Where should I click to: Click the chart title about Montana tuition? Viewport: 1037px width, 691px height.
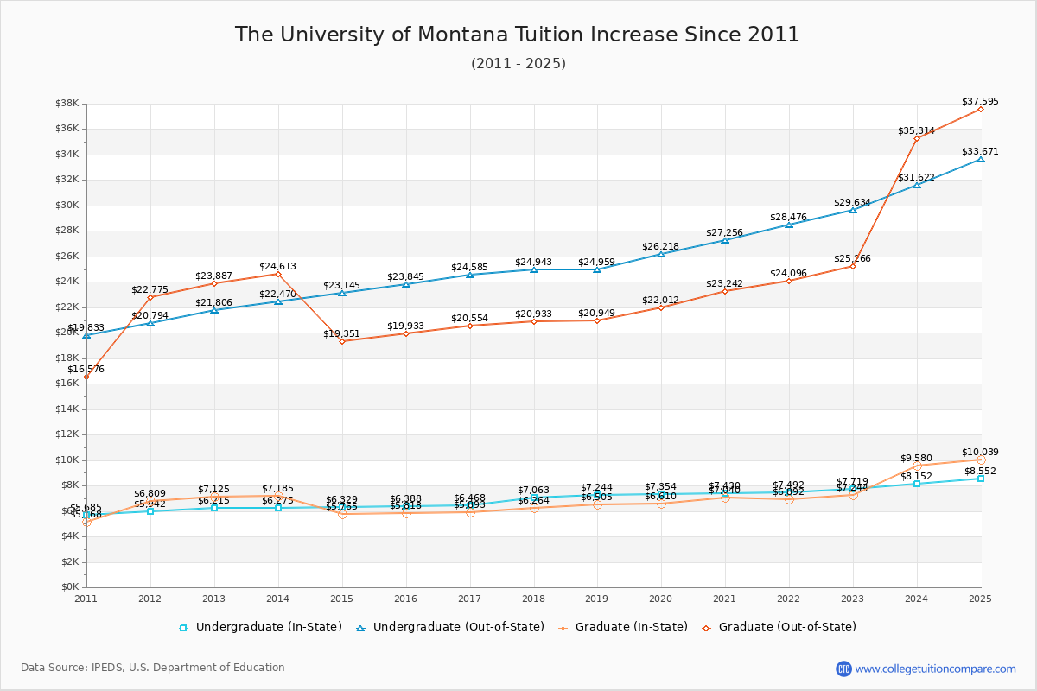tap(518, 35)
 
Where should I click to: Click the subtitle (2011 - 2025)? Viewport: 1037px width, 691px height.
tap(518, 64)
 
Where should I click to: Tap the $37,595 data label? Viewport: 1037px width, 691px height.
tap(980, 101)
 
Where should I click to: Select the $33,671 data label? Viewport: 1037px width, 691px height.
tap(980, 151)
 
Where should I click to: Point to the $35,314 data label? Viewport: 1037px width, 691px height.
tap(916, 130)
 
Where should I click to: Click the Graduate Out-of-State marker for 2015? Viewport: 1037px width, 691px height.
tap(342, 341)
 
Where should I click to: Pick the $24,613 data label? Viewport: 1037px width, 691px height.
tap(277, 266)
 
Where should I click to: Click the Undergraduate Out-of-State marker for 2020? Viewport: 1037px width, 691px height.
tap(661, 254)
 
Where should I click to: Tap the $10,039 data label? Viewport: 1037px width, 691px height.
tap(980, 452)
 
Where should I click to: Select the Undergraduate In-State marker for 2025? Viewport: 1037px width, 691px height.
tap(981, 478)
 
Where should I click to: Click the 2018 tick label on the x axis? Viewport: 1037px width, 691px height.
tap(533, 598)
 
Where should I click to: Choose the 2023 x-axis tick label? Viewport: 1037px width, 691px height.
tap(853, 598)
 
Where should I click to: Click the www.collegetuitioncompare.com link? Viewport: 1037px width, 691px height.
tap(935, 669)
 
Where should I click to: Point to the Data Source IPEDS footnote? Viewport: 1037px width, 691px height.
tap(153, 668)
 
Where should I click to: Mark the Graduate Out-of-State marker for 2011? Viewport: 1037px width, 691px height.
tap(86, 377)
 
